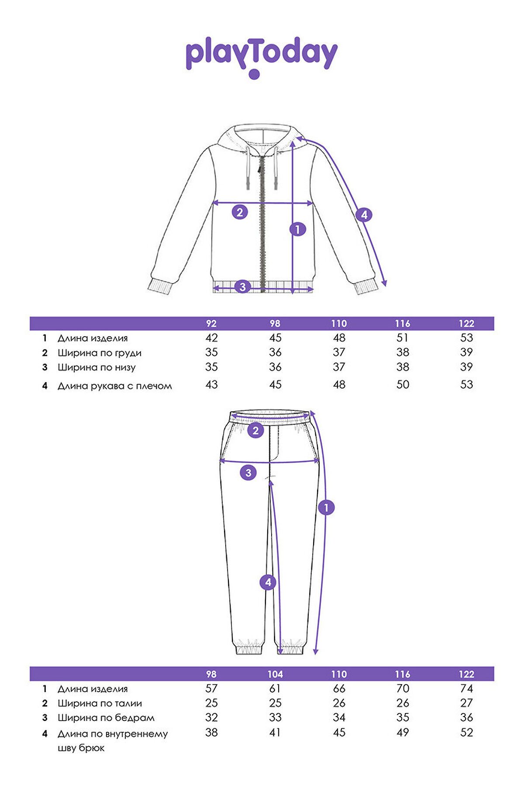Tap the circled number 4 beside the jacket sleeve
pyautogui.click(x=364, y=215)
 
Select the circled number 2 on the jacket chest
pyautogui.click(x=240, y=212)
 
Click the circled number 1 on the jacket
pyautogui.click(x=298, y=229)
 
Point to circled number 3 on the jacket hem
pyautogui.click(x=243, y=287)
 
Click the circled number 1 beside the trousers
pyautogui.click(x=326, y=508)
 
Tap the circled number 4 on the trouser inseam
pyautogui.click(x=268, y=582)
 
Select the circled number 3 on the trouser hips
pyautogui.click(x=248, y=472)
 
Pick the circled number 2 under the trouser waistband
pyautogui.click(x=255, y=431)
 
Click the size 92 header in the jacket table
pyautogui.click(x=211, y=324)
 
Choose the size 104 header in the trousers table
pyautogui.click(x=275, y=674)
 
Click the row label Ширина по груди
pyautogui.click(x=100, y=353)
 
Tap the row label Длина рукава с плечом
pyautogui.click(x=115, y=386)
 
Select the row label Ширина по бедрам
pyautogui.click(x=106, y=717)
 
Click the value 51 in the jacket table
pyautogui.click(x=403, y=338)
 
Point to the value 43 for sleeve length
pyautogui.click(x=211, y=385)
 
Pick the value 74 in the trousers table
pyautogui.click(x=466, y=689)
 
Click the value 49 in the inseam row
pyautogui.click(x=403, y=733)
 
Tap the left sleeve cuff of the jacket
pyautogui.click(x=159, y=287)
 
